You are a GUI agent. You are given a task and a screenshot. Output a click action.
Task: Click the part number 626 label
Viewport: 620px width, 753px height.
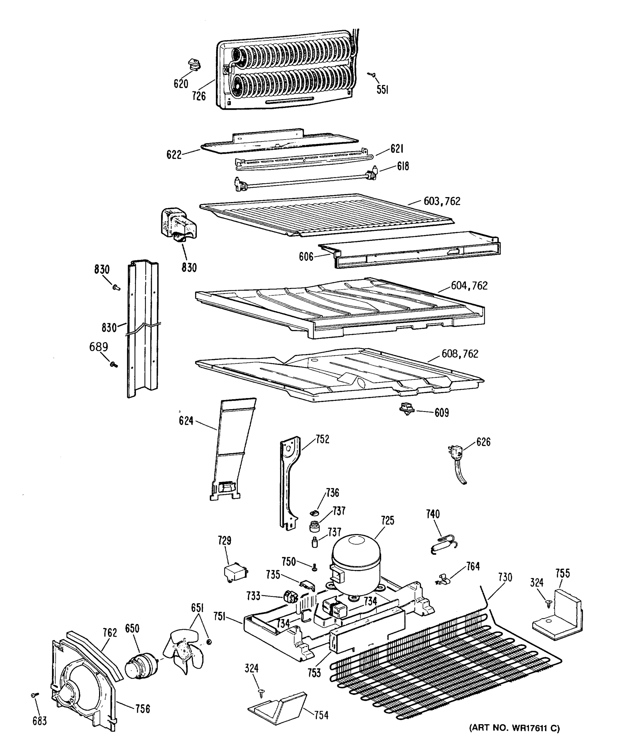point(483,442)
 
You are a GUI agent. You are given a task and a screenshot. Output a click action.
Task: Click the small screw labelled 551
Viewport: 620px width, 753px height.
point(372,75)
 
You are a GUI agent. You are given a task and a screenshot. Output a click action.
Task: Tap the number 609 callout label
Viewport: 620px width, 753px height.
point(441,413)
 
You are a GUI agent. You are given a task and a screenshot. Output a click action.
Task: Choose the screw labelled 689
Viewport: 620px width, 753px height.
point(114,365)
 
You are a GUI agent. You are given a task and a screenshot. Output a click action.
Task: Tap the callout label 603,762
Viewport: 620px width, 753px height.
point(442,201)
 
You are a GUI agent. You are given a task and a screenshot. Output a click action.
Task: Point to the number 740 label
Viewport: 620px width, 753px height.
point(432,515)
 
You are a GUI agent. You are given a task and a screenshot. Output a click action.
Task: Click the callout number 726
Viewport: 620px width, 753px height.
point(199,96)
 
